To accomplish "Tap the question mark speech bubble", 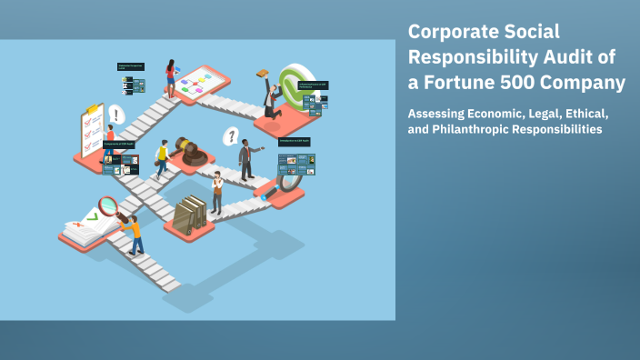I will tap(232, 137).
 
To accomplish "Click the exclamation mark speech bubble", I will tap(116, 115).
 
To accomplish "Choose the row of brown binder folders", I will tap(190, 214).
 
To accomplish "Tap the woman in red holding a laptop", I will tap(170, 78).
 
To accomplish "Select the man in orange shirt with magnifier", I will tap(134, 235).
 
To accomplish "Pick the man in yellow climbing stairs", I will tap(163, 159).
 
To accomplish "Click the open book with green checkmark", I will tap(86, 227).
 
